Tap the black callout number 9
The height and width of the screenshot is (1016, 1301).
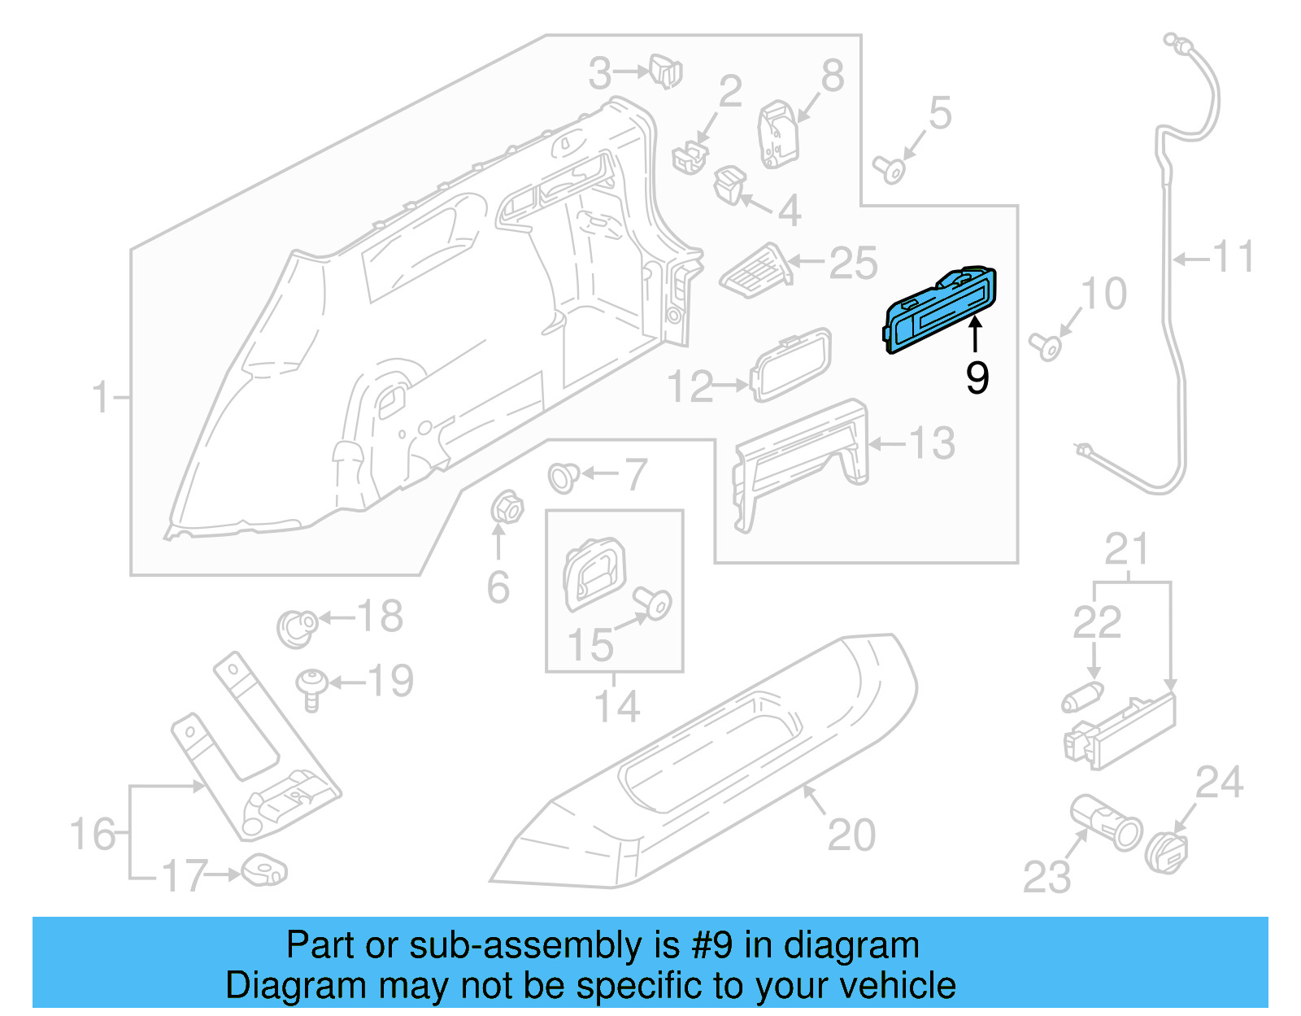(x=977, y=377)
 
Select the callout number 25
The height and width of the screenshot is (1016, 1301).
(x=853, y=263)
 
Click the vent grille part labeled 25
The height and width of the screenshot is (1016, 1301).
(x=756, y=269)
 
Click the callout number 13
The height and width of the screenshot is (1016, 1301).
(x=931, y=443)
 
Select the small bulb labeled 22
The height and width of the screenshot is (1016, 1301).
(x=1082, y=697)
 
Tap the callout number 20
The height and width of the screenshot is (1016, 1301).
(x=851, y=835)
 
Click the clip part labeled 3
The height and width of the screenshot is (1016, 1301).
(x=666, y=71)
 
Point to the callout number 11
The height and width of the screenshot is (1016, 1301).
(x=1234, y=257)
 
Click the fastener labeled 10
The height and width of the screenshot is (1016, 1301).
(x=1046, y=346)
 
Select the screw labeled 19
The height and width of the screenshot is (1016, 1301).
(x=311, y=687)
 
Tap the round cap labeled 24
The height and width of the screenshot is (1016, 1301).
(x=1168, y=852)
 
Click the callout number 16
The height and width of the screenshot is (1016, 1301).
(x=92, y=835)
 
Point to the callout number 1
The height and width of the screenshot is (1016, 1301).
(x=100, y=398)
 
